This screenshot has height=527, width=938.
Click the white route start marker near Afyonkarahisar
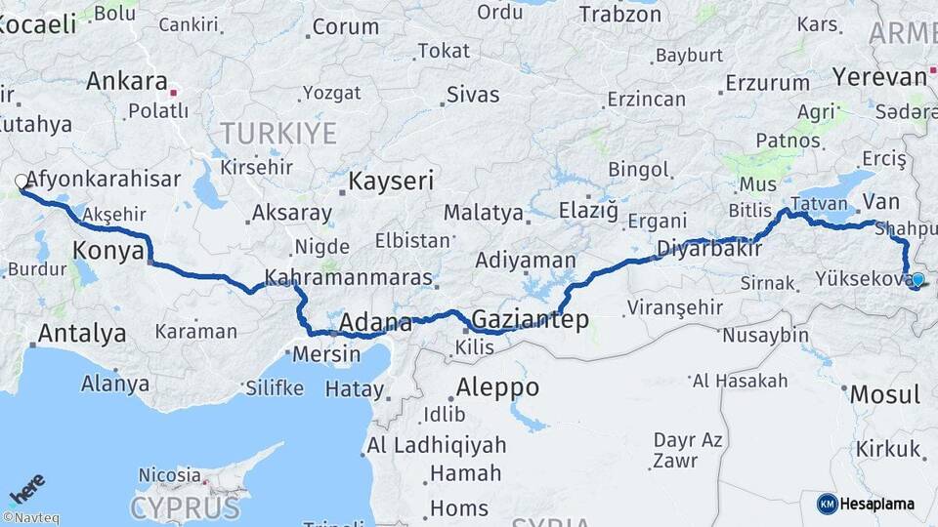(21, 182)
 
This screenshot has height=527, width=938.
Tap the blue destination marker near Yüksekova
(917, 280)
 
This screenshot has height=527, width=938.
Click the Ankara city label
(127, 81)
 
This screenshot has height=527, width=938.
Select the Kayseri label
(391, 181)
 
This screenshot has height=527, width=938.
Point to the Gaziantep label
(531, 319)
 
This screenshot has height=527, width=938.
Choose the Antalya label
(82, 334)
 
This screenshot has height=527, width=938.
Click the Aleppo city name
(497, 387)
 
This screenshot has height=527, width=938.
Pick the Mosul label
(885, 395)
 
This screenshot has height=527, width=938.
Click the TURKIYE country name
(277, 133)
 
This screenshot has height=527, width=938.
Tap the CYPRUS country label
(185, 507)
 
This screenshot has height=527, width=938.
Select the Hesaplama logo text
(876, 504)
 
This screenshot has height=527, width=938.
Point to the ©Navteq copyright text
(30, 518)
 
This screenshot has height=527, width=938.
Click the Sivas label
(473, 95)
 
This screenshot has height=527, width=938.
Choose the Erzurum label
(768, 83)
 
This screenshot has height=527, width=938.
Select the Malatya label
(483, 213)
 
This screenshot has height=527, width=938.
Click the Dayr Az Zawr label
(688, 450)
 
